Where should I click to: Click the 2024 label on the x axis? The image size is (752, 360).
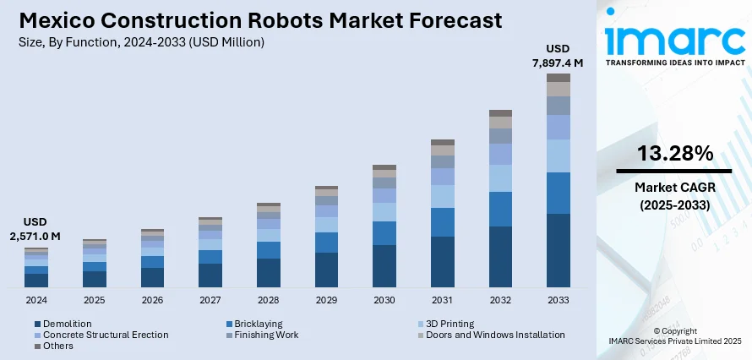click(x=36, y=301)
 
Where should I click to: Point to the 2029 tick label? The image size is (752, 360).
click(x=326, y=301)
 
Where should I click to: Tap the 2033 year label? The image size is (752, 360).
click(x=558, y=301)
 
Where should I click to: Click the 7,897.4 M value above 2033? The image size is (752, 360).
click(x=559, y=62)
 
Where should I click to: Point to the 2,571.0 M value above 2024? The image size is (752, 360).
click(x=35, y=236)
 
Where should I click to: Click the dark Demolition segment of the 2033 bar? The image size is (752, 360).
click(x=559, y=250)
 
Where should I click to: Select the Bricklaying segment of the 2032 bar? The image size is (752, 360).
click(x=500, y=209)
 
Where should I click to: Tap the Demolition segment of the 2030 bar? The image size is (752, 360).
click(x=384, y=265)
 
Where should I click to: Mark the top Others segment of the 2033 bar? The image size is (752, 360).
click(x=559, y=78)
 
